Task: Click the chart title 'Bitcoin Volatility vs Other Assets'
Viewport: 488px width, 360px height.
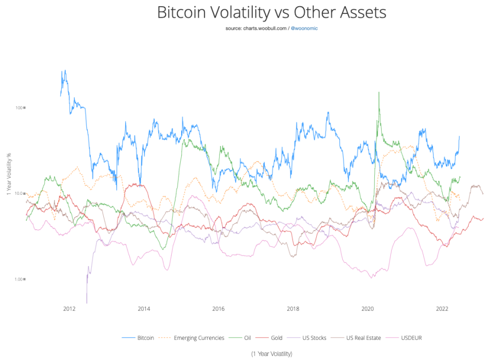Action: (272, 12)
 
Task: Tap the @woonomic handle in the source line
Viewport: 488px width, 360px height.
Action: (305, 28)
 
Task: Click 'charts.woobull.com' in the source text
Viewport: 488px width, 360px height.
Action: (265, 28)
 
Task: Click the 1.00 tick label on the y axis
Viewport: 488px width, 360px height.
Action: (19, 279)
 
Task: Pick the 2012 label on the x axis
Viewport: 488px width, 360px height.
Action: (69, 309)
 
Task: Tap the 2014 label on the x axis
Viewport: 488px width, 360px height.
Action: (144, 309)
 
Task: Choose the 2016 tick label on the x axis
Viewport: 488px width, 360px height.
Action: (219, 309)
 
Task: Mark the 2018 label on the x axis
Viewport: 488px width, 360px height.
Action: (293, 309)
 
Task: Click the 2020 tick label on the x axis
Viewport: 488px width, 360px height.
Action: (368, 309)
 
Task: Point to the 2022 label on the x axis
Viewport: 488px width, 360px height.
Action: (442, 309)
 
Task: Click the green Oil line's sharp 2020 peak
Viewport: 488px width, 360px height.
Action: (379, 92)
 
